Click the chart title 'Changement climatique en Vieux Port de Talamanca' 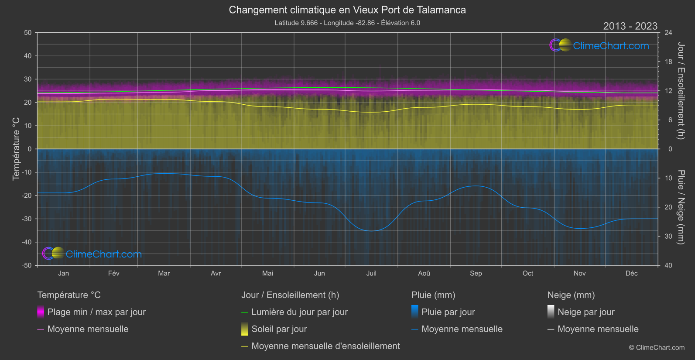click(347, 10)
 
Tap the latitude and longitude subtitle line click(347, 23)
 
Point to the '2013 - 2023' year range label click(630, 26)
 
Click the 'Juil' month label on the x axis click(371, 274)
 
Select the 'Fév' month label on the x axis click(113, 274)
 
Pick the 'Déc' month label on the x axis click(631, 274)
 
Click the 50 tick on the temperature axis click(28, 33)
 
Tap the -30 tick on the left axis click(27, 219)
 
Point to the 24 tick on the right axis click(668, 33)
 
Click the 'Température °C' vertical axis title click(16, 149)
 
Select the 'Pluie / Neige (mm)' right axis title click(681, 207)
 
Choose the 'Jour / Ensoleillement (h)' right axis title click(681, 91)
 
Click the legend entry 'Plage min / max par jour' click(96, 312)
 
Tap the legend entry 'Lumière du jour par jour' click(299, 312)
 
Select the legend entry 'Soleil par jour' click(279, 329)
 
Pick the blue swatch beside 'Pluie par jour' click(415, 312)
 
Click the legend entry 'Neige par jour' click(586, 312)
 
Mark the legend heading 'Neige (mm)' click(571, 295)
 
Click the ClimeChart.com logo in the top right click(599, 45)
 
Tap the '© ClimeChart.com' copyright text click(657, 348)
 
